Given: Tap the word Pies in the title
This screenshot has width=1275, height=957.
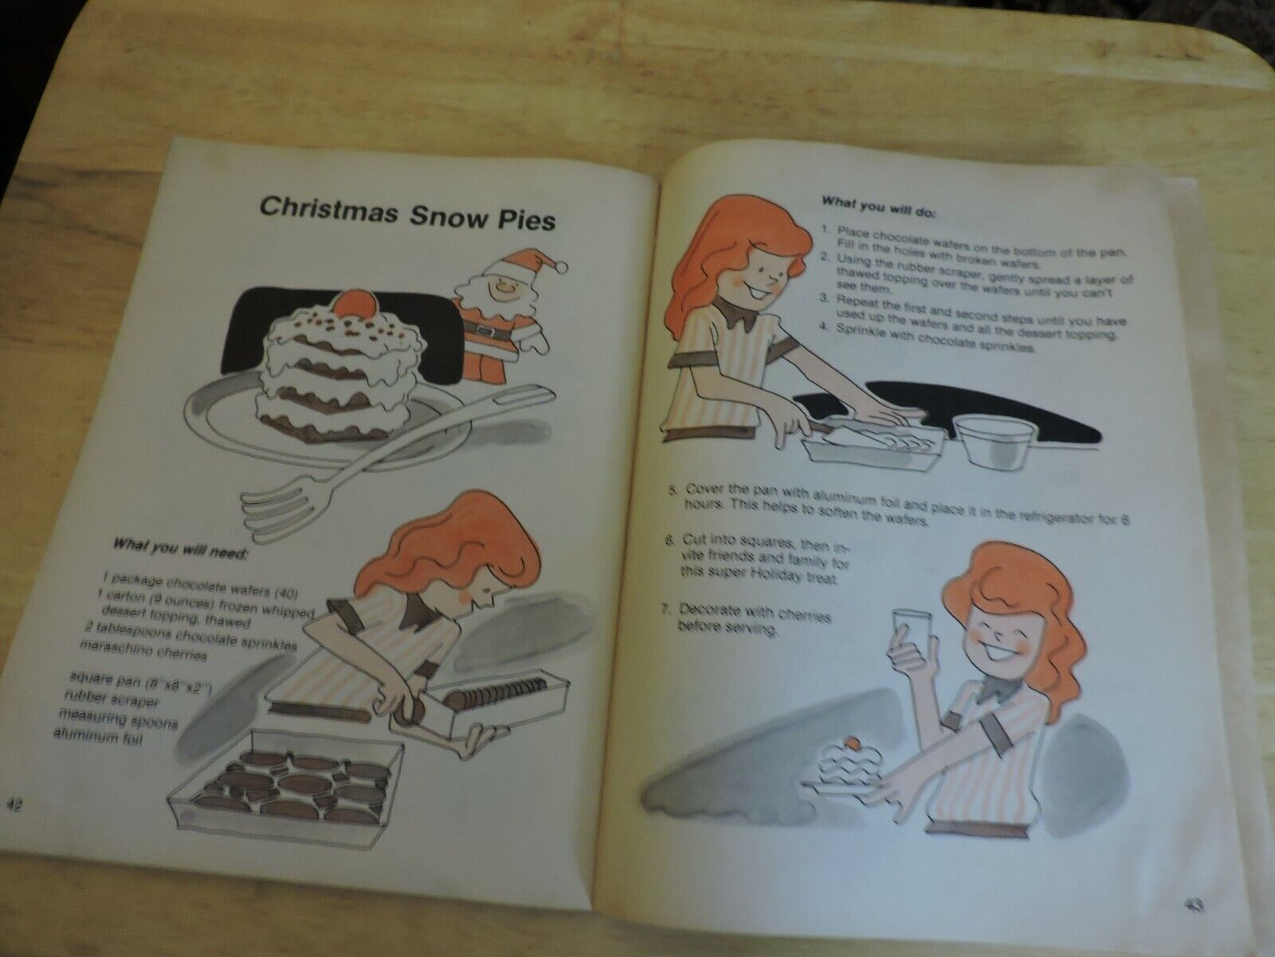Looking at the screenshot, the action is click(x=522, y=219).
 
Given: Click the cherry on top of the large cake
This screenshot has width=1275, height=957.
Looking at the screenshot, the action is click(x=349, y=303).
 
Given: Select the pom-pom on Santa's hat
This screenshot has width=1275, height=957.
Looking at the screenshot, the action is click(x=561, y=266).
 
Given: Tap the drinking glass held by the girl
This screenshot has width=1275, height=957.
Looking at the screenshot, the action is click(x=912, y=635).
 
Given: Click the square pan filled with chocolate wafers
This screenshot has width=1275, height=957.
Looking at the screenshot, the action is click(x=285, y=785).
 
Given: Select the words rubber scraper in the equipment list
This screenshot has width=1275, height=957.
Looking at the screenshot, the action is click(x=111, y=699).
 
